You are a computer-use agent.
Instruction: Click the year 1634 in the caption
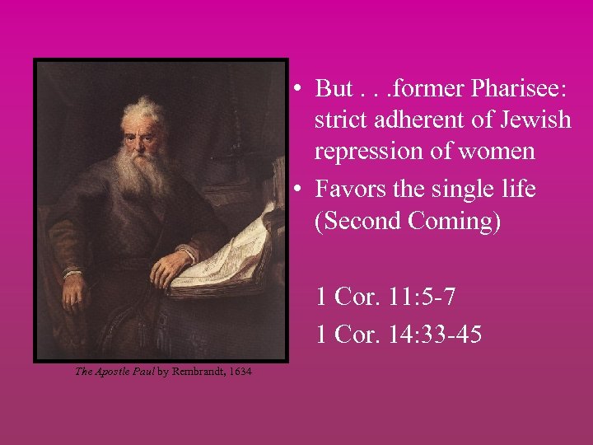click(x=240, y=372)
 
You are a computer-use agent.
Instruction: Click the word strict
click(x=342, y=120)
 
